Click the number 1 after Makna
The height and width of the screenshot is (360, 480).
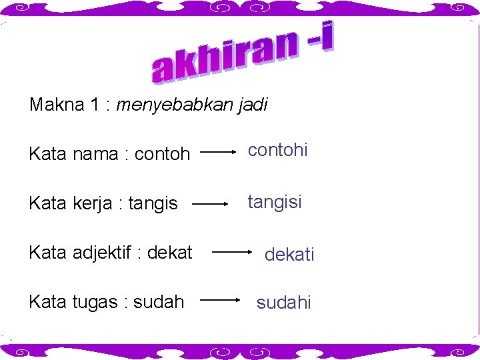[x=95, y=105]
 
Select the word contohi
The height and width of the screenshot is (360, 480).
[x=277, y=150]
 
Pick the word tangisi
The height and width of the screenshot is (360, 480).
[x=275, y=201]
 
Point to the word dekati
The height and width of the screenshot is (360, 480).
[x=289, y=254]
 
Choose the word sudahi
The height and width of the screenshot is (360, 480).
[x=284, y=303]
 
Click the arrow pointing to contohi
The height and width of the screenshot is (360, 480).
[x=218, y=152]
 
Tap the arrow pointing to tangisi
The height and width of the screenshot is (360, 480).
[x=209, y=204]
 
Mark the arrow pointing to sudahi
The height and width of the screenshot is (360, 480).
[x=221, y=301]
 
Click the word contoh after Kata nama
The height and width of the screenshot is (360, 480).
[x=162, y=155]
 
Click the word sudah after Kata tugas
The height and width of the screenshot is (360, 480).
[x=159, y=301]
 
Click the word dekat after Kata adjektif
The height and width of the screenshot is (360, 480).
[x=170, y=253]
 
